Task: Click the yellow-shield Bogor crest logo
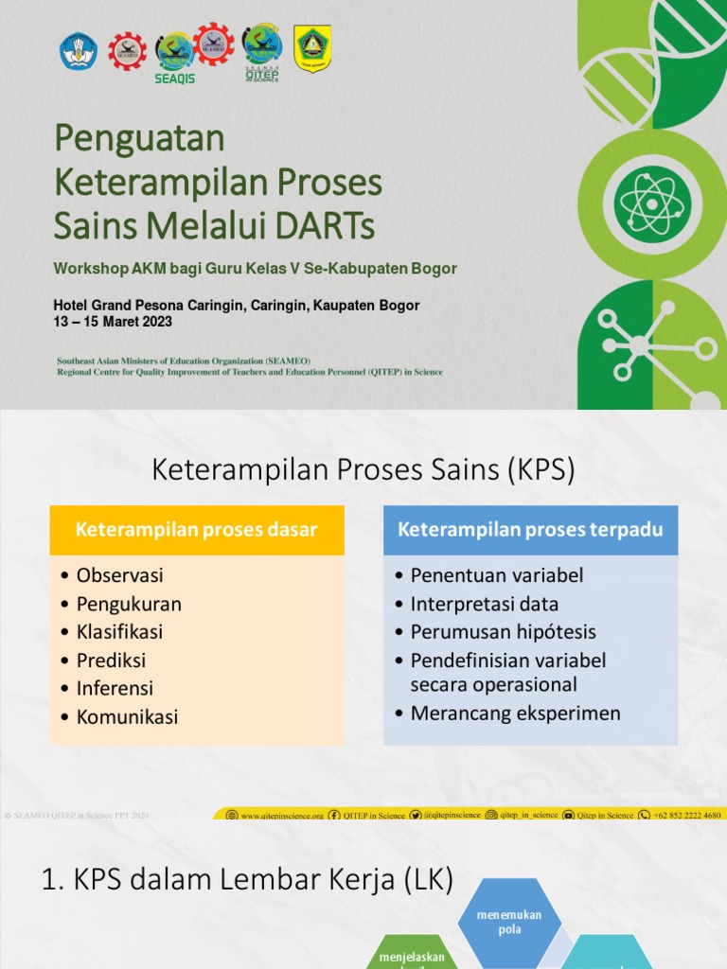[311, 47]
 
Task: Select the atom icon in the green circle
[652, 202]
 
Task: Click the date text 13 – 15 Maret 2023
[113, 322]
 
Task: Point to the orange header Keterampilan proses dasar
[196, 530]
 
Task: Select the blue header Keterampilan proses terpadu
[530, 530]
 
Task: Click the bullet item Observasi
[119, 575]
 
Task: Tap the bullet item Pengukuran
[129, 604]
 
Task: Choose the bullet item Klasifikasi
[119, 632]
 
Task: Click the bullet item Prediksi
[111, 661]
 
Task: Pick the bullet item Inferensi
[115, 689]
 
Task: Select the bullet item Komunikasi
[127, 717]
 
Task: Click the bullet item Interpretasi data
[484, 604]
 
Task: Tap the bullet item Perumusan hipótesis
[503, 632]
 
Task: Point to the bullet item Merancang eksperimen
[515, 714]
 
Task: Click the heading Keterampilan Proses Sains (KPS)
[363, 469]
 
